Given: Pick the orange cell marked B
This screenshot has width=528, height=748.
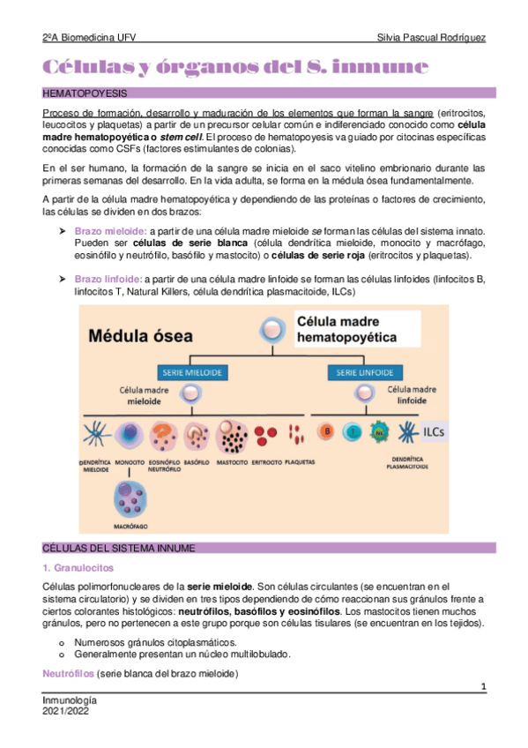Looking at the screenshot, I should coord(328,431).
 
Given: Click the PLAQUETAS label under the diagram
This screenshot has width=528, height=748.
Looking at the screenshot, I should coord(300,461).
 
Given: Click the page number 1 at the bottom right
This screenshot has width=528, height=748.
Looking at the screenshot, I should coord(484,687).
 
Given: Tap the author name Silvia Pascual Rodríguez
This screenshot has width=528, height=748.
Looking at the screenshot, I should coord(430,38).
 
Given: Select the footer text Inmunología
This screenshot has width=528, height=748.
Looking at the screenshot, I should coord(70,700).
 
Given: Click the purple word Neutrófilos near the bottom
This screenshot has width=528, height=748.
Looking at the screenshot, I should coord(68,674).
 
